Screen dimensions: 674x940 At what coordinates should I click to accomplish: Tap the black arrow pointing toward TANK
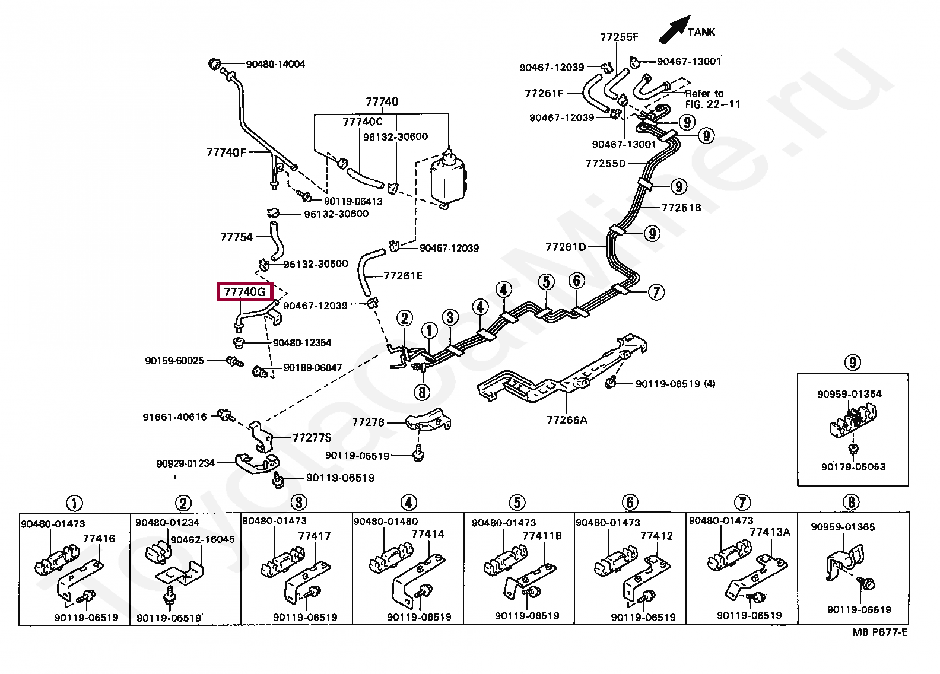pos(674,30)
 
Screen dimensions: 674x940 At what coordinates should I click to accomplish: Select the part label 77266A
pos(567,420)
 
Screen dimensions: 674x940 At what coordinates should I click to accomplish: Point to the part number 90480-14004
pos(275,64)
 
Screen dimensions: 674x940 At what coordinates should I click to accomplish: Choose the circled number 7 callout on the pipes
pos(656,292)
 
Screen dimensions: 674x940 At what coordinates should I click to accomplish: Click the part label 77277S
pos(312,438)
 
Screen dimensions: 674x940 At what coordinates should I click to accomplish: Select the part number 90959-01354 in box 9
pos(849,394)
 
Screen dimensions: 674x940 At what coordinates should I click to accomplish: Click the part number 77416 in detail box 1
pos(99,539)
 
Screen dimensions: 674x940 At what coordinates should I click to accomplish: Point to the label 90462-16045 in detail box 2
pos(202,539)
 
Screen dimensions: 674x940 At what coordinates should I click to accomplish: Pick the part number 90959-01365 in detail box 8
pos(843,527)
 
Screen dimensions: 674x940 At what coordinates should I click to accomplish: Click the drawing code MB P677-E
pos(879,632)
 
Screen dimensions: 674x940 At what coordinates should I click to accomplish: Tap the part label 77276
pos(368,422)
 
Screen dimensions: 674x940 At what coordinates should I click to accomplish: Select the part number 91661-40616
pos(174,417)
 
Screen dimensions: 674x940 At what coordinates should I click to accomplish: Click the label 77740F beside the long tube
pos(226,152)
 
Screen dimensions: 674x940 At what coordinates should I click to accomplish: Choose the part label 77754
pos(236,237)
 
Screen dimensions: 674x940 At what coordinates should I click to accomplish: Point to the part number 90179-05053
pos(853,467)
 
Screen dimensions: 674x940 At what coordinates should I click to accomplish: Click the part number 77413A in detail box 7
pos(770,532)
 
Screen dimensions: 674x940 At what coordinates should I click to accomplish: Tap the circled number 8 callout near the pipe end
pos(422,392)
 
